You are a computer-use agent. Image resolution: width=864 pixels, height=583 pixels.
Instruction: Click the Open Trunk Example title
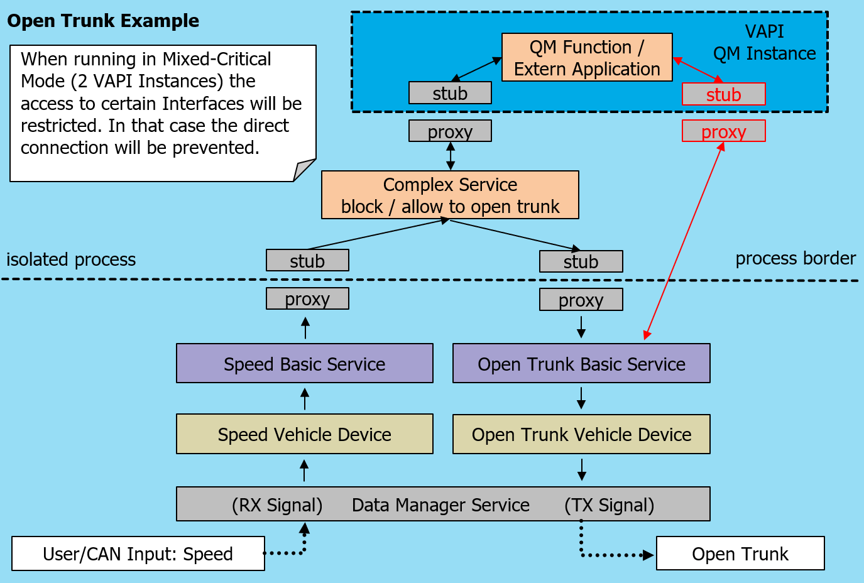click(x=103, y=21)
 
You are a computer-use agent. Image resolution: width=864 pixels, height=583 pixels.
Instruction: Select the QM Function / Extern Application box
click(x=587, y=57)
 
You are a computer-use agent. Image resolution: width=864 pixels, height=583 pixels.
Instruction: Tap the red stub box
click(x=723, y=94)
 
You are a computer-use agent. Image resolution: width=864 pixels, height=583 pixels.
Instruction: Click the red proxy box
click(x=723, y=131)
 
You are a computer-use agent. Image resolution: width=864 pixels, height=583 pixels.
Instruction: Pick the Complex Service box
click(x=450, y=195)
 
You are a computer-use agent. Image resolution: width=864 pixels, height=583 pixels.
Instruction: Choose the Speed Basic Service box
click(x=305, y=363)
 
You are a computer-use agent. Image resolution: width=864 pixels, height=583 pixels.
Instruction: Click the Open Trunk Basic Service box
click(x=581, y=363)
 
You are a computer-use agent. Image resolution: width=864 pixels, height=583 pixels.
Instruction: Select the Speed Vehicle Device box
click(x=305, y=434)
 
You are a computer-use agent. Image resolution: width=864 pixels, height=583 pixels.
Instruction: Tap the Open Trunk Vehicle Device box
click(x=581, y=434)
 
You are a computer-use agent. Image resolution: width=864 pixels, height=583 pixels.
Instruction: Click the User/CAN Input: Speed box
click(x=138, y=553)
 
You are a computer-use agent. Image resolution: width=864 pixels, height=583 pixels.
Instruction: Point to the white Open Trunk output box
click(x=740, y=553)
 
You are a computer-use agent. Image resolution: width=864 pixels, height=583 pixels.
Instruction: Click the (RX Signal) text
click(x=277, y=505)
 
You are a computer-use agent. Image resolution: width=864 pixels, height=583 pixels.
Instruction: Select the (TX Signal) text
click(x=609, y=505)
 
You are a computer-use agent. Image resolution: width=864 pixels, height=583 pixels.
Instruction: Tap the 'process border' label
click(x=796, y=258)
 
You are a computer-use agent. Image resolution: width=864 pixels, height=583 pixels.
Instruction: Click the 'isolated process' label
click(x=71, y=259)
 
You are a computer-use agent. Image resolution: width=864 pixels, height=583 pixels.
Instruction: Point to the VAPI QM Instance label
click(x=764, y=43)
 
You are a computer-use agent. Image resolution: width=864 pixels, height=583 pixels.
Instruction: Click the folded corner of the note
click(x=304, y=170)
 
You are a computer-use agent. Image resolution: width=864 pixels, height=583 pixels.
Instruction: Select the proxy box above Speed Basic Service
click(x=307, y=299)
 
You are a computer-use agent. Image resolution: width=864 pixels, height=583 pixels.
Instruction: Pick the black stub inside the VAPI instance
click(x=450, y=93)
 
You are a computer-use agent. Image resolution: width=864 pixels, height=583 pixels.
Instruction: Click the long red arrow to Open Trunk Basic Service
click(x=684, y=241)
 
